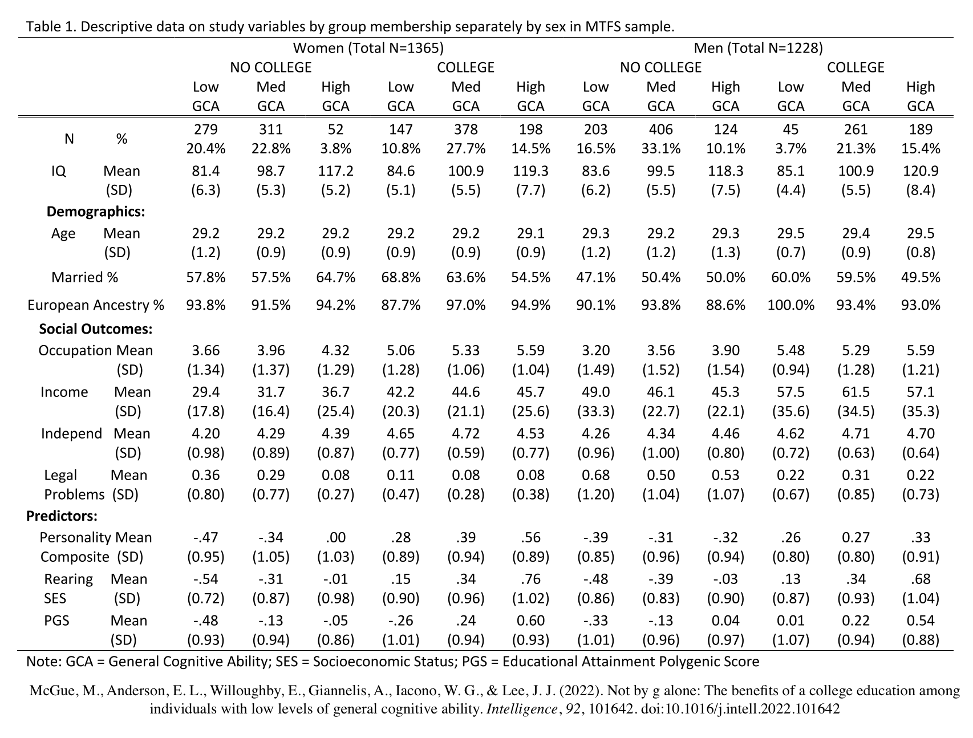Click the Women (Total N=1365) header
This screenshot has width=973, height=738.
point(368,48)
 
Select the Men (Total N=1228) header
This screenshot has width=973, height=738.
point(758,48)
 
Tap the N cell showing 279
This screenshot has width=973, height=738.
point(205,129)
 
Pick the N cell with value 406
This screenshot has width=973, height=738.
point(660,129)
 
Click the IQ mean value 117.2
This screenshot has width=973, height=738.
point(335,171)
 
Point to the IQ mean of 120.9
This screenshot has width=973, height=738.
point(921,171)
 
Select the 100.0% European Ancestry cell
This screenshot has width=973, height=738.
point(790,305)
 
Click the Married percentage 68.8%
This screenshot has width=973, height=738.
point(400,278)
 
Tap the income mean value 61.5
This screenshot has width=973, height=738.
point(856,392)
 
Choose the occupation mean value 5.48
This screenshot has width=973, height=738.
point(790,351)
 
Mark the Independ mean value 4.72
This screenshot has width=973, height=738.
point(465,434)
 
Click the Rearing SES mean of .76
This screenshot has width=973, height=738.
point(530,579)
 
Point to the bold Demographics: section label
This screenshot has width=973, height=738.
point(96,212)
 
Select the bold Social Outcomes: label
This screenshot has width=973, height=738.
point(96,329)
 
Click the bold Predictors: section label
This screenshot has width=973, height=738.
point(62,517)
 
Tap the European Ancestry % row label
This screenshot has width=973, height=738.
point(96,305)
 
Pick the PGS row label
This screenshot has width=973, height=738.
point(56,621)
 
